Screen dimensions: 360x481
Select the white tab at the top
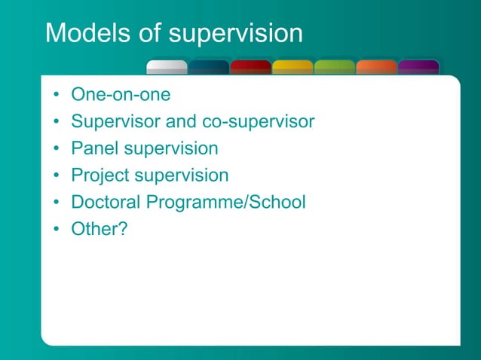pos(167,67)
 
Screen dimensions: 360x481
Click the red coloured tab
pos(250,67)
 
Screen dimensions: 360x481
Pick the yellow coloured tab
pos(293,67)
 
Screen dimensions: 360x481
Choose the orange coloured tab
pos(376,67)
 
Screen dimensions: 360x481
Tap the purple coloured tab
pos(418,67)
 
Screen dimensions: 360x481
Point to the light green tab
pos(334,67)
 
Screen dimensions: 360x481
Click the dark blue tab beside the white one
pos(209,67)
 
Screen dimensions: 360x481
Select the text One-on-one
pos(121,95)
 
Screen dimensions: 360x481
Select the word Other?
pos(99,229)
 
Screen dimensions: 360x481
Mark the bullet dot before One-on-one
pos(57,96)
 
